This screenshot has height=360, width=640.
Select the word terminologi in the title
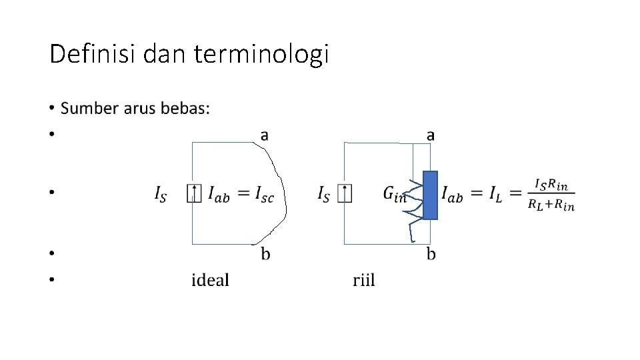click(x=261, y=55)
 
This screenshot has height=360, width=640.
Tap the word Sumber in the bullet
click(x=88, y=108)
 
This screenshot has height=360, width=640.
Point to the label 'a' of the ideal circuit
click(x=265, y=135)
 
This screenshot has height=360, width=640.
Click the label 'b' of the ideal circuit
click(x=265, y=254)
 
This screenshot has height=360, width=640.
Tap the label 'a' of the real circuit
click(x=431, y=135)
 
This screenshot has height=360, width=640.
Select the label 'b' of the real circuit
click(x=431, y=254)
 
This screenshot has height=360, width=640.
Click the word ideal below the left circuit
click(x=210, y=280)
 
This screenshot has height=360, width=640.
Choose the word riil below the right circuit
click(x=364, y=280)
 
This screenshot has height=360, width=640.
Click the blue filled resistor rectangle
click(x=431, y=195)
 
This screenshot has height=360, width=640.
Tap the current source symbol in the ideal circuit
click(x=193, y=194)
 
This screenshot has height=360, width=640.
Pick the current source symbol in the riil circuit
click(x=345, y=194)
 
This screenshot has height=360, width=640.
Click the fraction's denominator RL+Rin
click(x=551, y=206)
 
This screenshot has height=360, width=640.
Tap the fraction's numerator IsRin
click(x=551, y=185)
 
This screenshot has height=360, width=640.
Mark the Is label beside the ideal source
click(x=161, y=195)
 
